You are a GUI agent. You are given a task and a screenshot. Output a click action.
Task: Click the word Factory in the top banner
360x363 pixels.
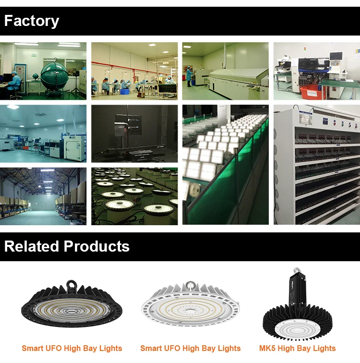click(32, 21)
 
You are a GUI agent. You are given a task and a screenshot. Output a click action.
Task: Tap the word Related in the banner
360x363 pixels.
click(32, 247)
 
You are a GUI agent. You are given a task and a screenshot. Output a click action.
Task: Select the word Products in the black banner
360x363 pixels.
click(97, 247)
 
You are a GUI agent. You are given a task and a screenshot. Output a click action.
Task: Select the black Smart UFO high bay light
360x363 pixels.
click(72, 306)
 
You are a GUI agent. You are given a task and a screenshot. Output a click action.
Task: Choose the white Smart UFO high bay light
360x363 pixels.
click(190, 306)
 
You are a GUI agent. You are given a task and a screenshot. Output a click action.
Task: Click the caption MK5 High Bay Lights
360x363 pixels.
click(297, 349)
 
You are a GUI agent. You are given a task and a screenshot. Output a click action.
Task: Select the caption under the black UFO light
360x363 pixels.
click(72, 349)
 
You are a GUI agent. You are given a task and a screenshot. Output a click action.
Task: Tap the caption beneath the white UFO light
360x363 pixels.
click(191, 349)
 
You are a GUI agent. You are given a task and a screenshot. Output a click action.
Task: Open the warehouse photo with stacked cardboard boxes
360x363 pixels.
click(43, 196)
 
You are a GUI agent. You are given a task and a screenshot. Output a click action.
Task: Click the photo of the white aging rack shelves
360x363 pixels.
click(317, 165)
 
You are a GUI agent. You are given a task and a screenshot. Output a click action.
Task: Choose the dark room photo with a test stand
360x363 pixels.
click(134, 133)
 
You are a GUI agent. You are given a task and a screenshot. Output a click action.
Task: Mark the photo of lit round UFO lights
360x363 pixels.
click(134, 196)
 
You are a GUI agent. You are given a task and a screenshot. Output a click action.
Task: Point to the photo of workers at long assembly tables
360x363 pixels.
click(134, 71)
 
